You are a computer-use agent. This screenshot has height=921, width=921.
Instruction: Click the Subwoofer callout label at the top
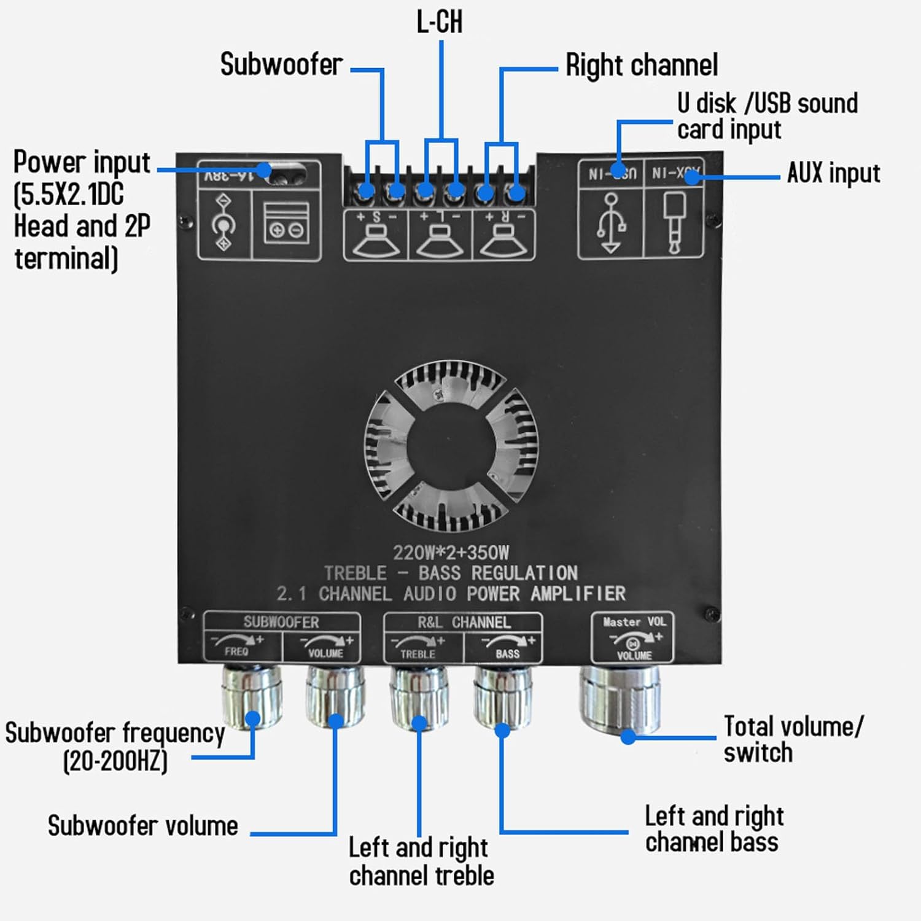pos(281,64)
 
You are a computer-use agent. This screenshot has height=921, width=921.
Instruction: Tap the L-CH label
pos(440,22)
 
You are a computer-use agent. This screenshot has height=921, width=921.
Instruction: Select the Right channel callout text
pos(642,65)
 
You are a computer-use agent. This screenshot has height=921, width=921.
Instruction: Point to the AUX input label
pos(833,173)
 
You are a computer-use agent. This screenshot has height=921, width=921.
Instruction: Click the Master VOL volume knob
pos(620,700)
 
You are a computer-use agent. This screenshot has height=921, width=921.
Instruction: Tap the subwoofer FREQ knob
pos(251,697)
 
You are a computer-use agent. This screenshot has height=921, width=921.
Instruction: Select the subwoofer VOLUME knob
pos(335,697)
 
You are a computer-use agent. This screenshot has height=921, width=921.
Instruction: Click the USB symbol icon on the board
pos(611,223)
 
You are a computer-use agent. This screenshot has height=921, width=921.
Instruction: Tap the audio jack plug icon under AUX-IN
pos(674,222)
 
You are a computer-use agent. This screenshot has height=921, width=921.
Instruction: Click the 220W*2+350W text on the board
pos(451,553)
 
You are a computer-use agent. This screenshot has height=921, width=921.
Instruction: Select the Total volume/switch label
pos(792,739)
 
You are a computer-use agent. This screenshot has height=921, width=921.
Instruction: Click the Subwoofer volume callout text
pos(142,826)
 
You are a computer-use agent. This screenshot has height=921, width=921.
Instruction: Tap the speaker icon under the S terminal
pos(376,241)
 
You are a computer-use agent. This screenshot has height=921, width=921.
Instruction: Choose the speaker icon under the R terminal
pos(503,241)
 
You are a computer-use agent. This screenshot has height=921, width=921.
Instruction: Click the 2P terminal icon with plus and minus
pos(286,225)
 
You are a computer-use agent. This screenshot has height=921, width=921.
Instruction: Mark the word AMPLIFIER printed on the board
pos(578,594)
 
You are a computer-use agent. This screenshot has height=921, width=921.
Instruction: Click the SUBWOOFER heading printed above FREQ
pos(281,622)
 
